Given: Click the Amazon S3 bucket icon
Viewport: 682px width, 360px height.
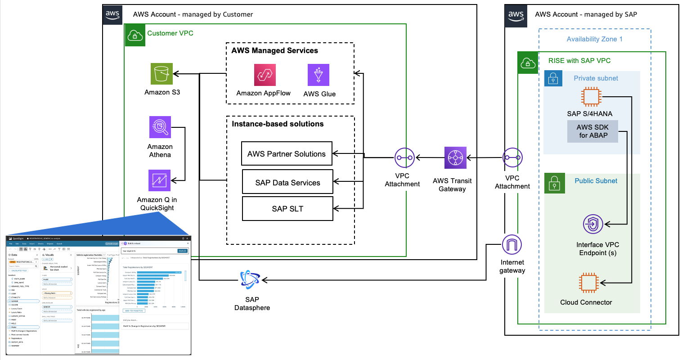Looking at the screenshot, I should tap(162, 74).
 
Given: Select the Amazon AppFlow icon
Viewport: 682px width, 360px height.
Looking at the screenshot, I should tap(265, 75).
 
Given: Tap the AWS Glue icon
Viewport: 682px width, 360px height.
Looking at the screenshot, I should tap(319, 75).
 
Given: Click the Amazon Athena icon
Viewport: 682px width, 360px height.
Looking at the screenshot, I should tap(160, 127).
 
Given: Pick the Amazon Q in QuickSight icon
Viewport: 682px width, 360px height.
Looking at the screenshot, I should tap(159, 180).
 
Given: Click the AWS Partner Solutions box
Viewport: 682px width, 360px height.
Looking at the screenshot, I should tap(287, 154).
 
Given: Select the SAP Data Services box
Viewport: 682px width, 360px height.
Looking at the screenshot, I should tap(287, 182).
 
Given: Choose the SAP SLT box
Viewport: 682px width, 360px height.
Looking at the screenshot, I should tap(287, 208).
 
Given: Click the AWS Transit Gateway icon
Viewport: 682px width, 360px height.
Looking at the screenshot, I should tap(455, 158).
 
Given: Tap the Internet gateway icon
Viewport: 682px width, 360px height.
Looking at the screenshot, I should tap(512, 245).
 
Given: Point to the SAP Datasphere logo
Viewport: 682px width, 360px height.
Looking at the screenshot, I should tap(250, 280).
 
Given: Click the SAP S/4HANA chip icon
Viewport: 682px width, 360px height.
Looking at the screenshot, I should tap(591, 97).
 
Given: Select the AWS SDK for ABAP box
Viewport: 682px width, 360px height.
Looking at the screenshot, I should tap(592, 131).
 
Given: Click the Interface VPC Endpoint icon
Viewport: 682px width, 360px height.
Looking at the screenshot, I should tap(593, 224).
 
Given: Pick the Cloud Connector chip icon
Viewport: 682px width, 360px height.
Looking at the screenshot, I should tap(589, 283).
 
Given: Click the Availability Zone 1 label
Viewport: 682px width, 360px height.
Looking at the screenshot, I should tap(594, 39).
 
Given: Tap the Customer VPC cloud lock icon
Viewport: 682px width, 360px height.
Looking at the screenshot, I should tap(135, 35).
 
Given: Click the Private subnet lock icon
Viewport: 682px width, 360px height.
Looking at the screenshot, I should tap(553, 78).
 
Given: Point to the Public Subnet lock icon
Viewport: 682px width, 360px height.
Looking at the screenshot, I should tap(554, 184).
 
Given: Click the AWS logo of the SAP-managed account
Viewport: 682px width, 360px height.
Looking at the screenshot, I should tap(516, 16).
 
